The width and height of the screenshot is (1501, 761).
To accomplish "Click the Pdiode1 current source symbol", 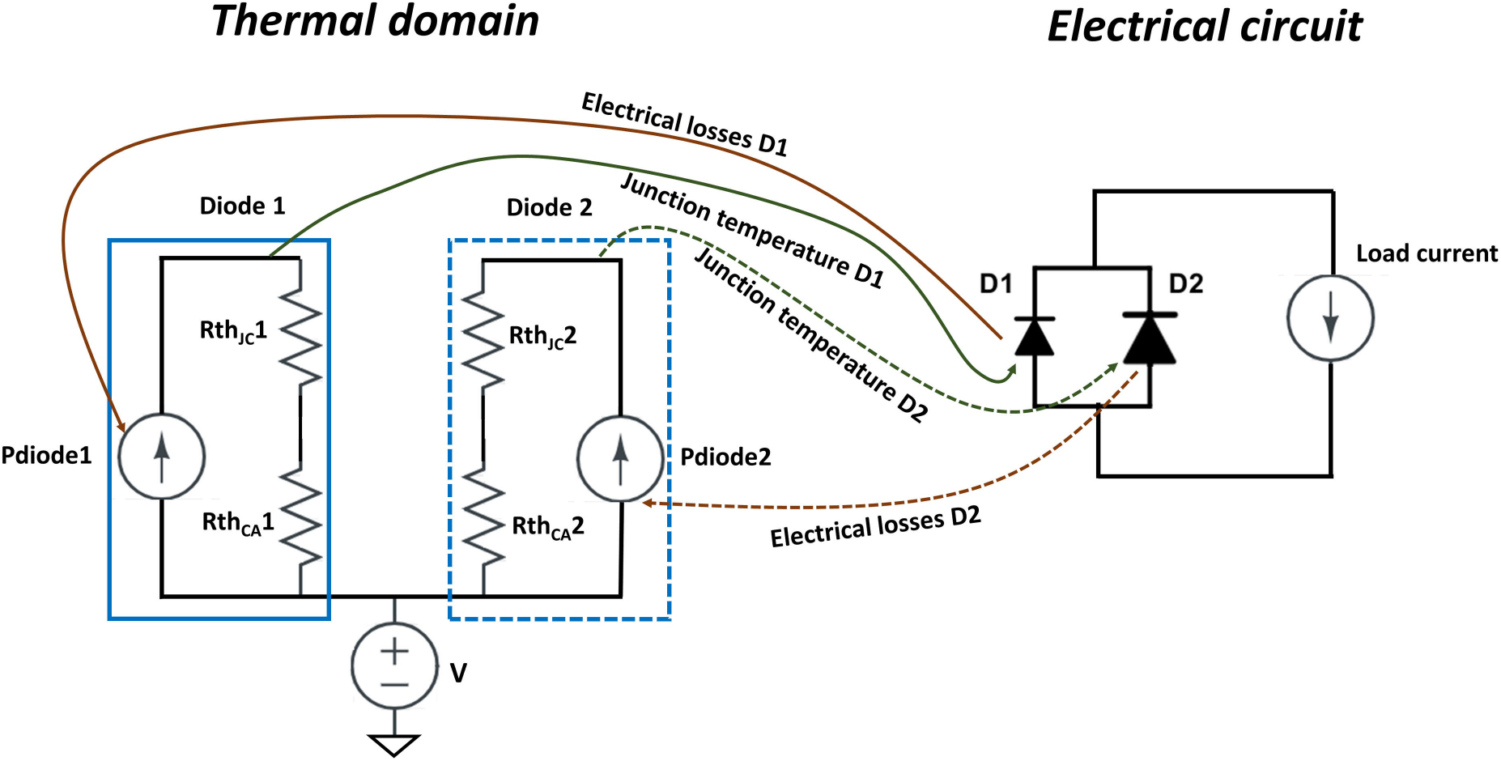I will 162,457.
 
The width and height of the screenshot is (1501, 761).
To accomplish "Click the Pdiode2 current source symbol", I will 620,458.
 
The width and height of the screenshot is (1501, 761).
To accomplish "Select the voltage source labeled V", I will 394,665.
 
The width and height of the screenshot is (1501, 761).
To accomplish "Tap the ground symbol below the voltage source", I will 394,743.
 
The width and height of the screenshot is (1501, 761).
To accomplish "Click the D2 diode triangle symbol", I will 1150,338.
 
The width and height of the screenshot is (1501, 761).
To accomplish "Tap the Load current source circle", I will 1330,317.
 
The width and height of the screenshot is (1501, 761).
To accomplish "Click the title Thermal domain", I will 375,21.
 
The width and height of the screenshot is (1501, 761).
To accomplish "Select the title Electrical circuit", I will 1205,26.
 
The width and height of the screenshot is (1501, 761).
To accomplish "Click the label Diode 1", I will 242,206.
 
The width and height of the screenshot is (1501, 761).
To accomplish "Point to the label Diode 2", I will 549,207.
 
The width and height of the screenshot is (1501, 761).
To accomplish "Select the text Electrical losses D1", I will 684,123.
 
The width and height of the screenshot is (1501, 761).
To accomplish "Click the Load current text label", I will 1427,253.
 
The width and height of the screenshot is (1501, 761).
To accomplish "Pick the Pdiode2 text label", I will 725,457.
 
